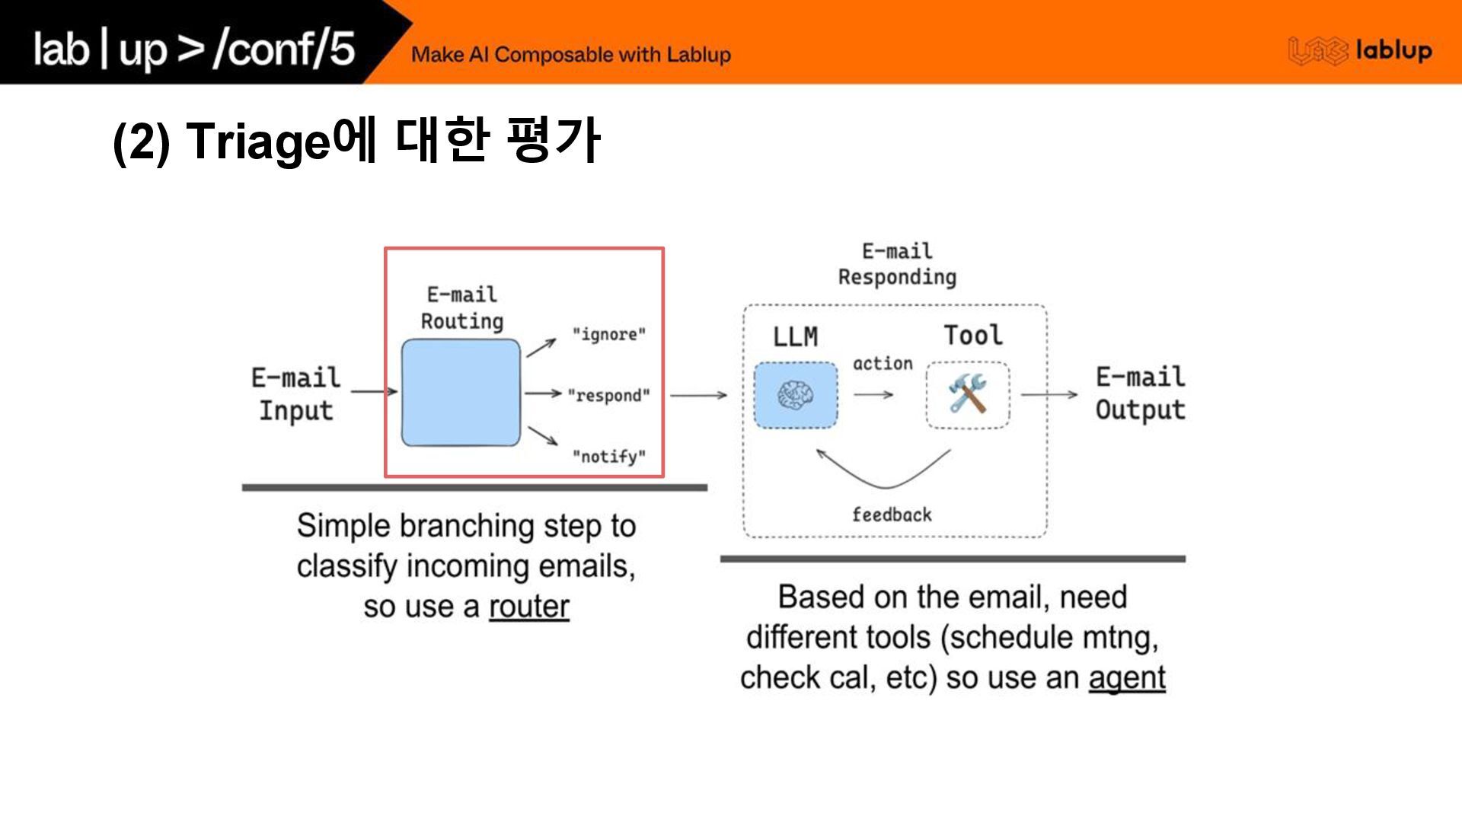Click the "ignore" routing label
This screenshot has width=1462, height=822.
[x=608, y=335]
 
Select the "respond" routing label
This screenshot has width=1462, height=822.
[x=608, y=396]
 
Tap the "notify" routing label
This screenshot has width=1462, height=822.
[x=608, y=457]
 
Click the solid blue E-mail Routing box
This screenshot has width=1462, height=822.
[x=461, y=393]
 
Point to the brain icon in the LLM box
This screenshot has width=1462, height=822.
[x=795, y=396]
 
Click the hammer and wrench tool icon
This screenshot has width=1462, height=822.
[x=967, y=394]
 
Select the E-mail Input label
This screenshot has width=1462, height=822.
[x=296, y=393]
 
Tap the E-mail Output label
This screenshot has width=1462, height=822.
[x=1140, y=393]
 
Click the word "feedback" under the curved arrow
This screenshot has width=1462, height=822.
[x=892, y=515]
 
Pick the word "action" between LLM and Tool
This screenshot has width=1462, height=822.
[x=883, y=364]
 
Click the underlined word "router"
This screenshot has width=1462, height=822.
[x=528, y=607]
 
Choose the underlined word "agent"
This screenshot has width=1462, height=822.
[x=1127, y=677]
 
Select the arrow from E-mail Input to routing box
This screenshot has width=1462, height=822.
[x=374, y=392]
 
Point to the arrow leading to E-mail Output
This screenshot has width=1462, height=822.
[x=1049, y=394]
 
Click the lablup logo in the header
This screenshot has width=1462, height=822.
[x=1360, y=51]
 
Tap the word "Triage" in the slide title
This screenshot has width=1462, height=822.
[x=258, y=142]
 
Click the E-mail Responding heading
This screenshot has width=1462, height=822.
[x=897, y=264]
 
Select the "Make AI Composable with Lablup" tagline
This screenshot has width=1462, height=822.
[x=571, y=55]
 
